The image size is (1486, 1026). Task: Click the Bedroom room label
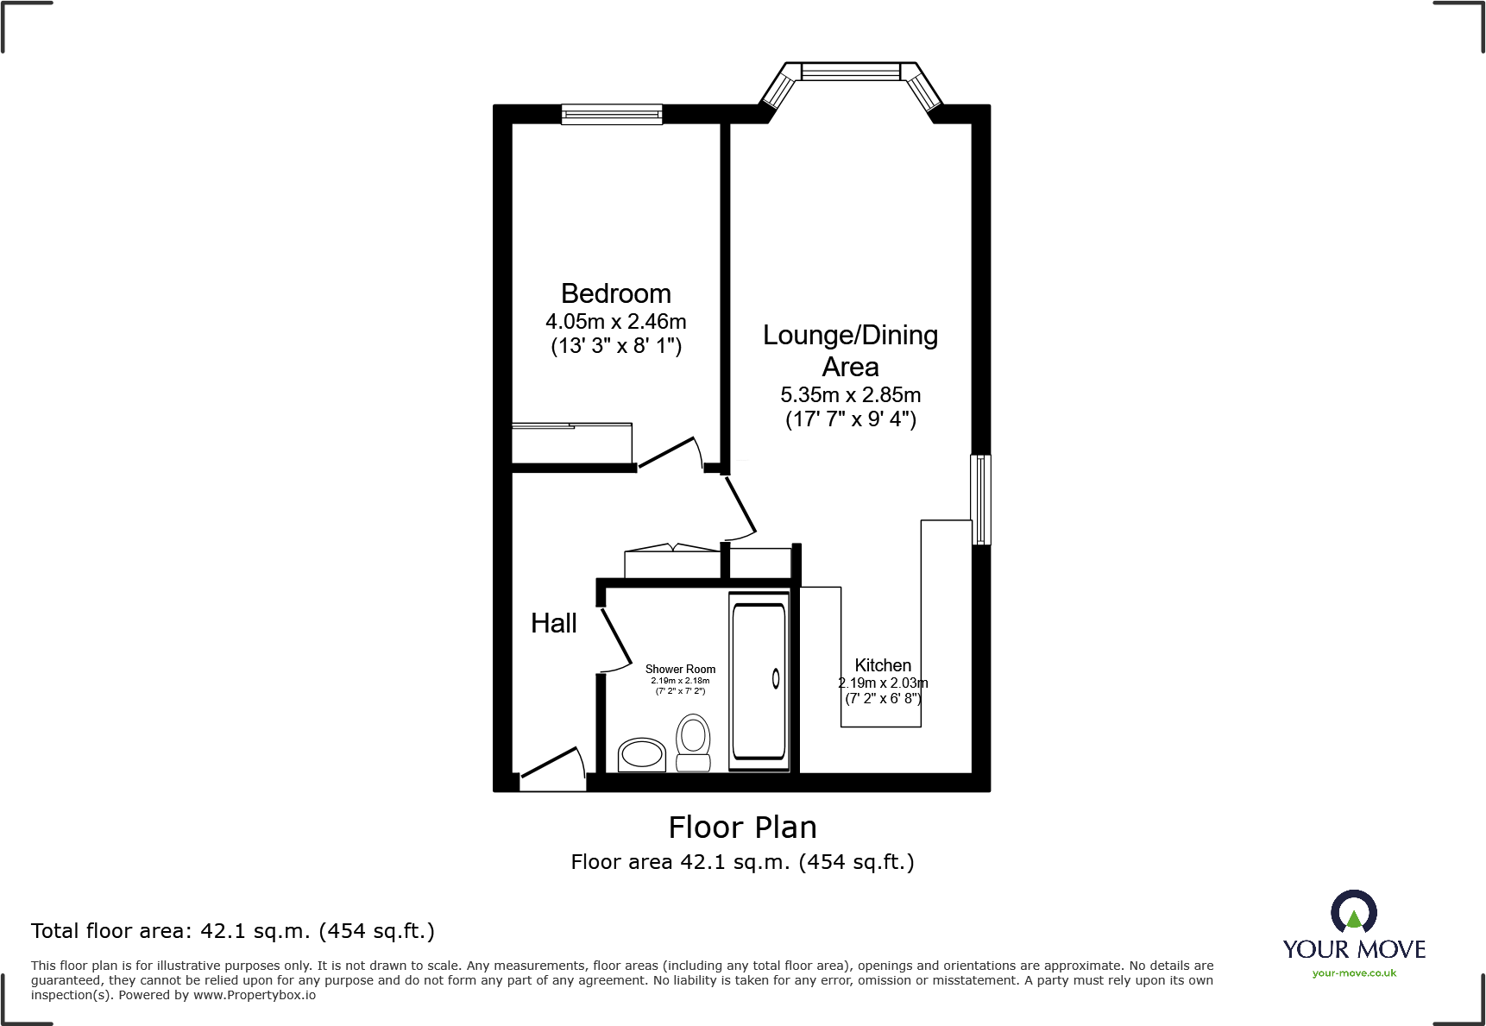click(615, 293)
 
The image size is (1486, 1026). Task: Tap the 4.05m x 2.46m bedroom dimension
click(615, 322)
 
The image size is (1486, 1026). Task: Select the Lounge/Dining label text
click(850, 335)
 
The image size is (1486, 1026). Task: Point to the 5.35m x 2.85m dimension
click(850, 395)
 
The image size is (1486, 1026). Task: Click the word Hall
click(553, 623)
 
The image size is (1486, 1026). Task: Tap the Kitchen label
click(883, 665)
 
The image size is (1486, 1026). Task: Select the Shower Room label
click(680, 669)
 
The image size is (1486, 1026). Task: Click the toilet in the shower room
click(693, 741)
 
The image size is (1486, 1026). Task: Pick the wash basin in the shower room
click(641, 755)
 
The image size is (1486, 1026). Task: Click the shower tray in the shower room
click(759, 680)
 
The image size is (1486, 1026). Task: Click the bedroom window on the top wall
click(611, 114)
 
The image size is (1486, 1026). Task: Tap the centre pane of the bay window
click(850, 71)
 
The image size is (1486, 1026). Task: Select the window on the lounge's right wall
click(980, 500)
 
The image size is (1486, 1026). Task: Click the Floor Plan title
click(742, 828)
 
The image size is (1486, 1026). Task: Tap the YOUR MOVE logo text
click(1353, 949)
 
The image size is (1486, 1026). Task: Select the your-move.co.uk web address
click(1353, 973)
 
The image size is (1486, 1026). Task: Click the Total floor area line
click(233, 931)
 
